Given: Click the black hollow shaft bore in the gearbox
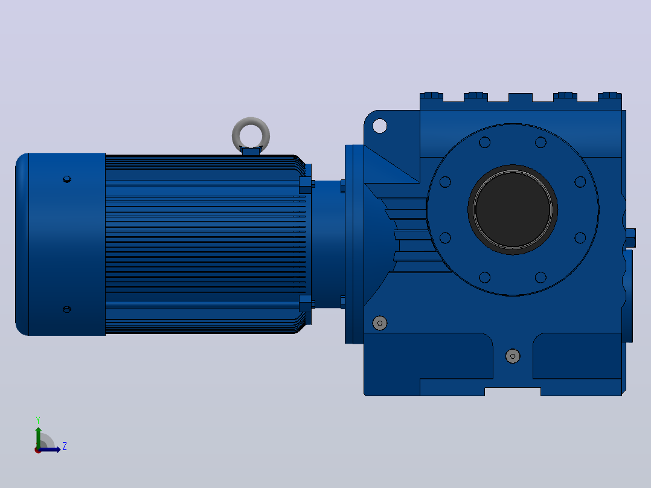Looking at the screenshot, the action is (x=513, y=210).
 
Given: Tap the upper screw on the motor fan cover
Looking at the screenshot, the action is (x=67, y=179).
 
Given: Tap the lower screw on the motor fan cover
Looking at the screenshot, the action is (x=67, y=309).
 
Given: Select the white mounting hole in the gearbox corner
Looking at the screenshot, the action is (x=379, y=126).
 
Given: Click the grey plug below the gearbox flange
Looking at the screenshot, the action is (x=513, y=356).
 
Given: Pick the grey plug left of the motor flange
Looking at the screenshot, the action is (x=379, y=323).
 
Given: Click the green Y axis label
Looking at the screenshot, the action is (x=38, y=420).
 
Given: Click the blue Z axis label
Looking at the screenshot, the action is (x=65, y=446).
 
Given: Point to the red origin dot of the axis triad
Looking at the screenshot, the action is (x=38, y=450).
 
